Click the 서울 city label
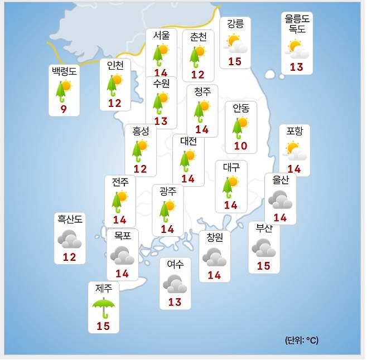pyautogui.click(x=161, y=35)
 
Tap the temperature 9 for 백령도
pyautogui.click(x=64, y=109)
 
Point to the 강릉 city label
pyautogui.click(x=235, y=24)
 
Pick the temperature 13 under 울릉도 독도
pyautogui.click(x=297, y=67)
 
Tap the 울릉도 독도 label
pyautogui.click(x=297, y=24)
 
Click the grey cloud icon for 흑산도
pyautogui.click(x=70, y=239)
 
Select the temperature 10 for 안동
pyautogui.click(x=241, y=146)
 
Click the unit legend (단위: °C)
pyautogui.click(x=302, y=340)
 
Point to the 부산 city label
pyautogui.click(x=264, y=227)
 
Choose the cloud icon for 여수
pyautogui.click(x=175, y=284)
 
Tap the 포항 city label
pyautogui.click(x=294, y=132)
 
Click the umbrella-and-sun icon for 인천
pyautogui.click(x=115, y=85)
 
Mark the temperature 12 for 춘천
pyautogui.click(x=198, y=74)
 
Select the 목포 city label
pyautogui.click(x=122, y=236)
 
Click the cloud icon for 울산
pyautogui.click(x=280, y=199)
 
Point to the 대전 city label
pyautogui.click(x=189, y=141)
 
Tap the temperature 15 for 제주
pyautogui.click(x=103, y=326)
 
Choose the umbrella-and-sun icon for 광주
pyautogui.click(x=167, y=210)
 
